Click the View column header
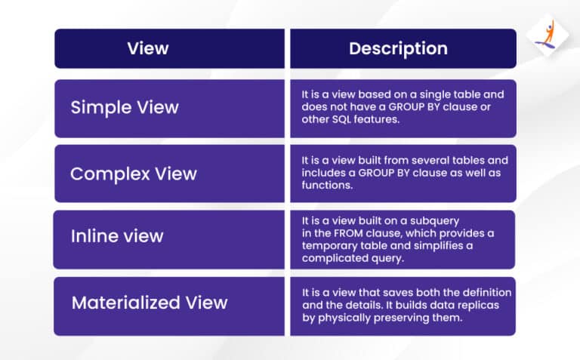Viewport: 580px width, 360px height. tap(148, 49)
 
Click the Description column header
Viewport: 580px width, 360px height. tap(398, 49)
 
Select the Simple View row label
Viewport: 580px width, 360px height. tap(125, 107)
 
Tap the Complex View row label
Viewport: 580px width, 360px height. tap(133, 174)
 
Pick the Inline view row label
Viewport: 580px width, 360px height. tap(116, 236)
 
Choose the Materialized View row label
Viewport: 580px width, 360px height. tap(149, 303)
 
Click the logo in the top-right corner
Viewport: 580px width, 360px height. tap(545, 35)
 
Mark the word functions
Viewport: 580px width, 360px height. tap(325, 186)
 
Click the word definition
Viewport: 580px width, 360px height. tap(486, 292)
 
